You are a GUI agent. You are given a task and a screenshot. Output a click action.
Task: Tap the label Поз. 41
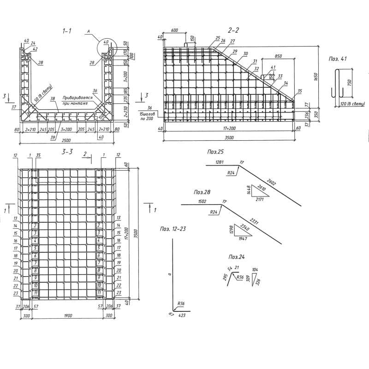click(x=339, y=60)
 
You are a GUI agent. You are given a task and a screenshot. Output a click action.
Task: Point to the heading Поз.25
click(x=214, y=151)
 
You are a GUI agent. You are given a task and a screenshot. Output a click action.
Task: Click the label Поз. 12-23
click(x=174, y=228)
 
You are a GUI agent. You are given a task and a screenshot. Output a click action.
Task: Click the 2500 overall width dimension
click(x=65, y=140)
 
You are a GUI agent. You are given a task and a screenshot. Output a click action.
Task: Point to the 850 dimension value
click(x=278, y=56)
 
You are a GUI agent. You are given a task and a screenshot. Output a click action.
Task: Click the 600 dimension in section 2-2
click(x=174, y=30)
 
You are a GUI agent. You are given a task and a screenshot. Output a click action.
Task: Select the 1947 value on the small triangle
click(x=243, y=238)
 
